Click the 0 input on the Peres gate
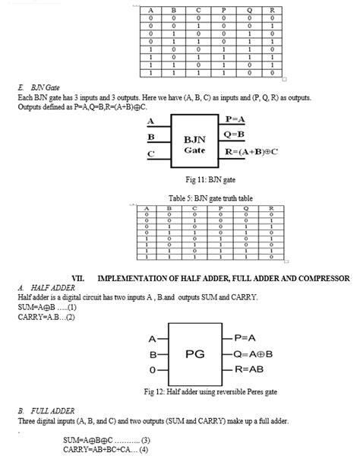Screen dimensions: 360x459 pos(152,369)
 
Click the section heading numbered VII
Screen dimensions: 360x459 pos(210,279)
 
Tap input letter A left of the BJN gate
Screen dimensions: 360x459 pos(150,121)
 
